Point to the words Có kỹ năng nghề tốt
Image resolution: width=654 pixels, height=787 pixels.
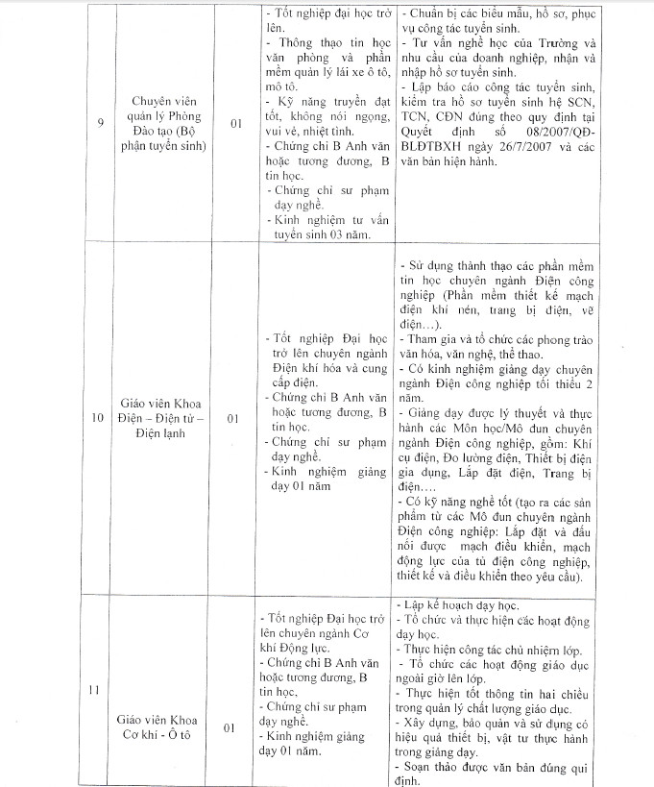click(x=461, y=502)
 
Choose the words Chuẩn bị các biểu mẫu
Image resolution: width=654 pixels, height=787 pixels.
click(x=459, y=13)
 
